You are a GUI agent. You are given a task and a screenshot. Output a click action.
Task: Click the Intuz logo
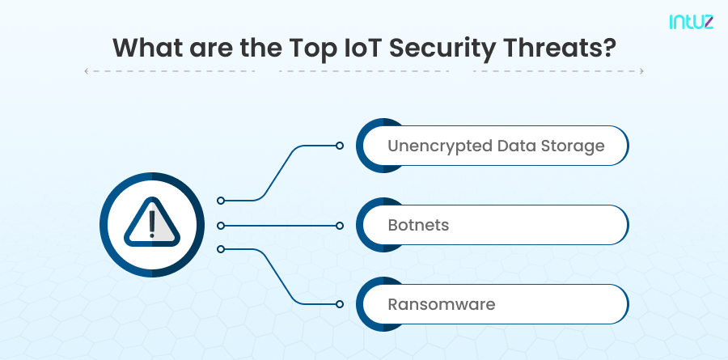(x=692, y=23)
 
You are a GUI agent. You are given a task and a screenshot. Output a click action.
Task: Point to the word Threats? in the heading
(x=561, y=47)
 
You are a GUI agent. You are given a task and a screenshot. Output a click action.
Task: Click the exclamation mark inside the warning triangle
(x=152, y=221)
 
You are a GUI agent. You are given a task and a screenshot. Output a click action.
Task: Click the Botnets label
(x=418, y=225)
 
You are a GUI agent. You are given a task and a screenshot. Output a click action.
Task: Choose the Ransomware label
(x=441, y=304)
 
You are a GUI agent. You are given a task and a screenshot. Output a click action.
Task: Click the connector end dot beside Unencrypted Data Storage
(x=340, y=146)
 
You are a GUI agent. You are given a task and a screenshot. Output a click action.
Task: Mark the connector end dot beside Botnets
(x=340, y=225)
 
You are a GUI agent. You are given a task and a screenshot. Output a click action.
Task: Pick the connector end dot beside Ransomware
(x=340, y=304)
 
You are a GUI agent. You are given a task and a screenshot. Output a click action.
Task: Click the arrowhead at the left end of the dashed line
(x=87, y=71)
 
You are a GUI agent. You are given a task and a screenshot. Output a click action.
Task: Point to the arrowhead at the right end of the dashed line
(x=641, y=71)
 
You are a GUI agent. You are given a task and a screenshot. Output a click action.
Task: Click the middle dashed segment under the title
(x=364, y=71)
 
